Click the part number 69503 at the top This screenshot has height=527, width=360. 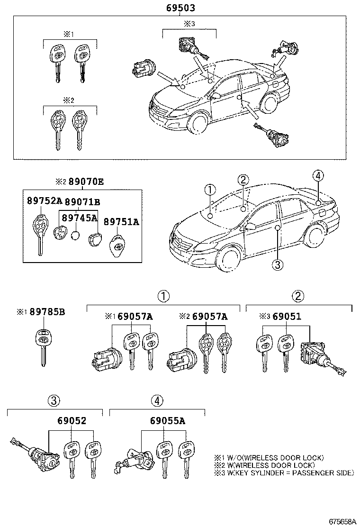point(180,8)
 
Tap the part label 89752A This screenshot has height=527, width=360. point(44,201)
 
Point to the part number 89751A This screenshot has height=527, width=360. point(121,221)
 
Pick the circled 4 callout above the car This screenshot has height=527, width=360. point(318,176)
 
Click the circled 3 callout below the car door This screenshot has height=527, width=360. point(278,263)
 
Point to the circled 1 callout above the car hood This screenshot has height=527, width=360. point(210,190)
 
